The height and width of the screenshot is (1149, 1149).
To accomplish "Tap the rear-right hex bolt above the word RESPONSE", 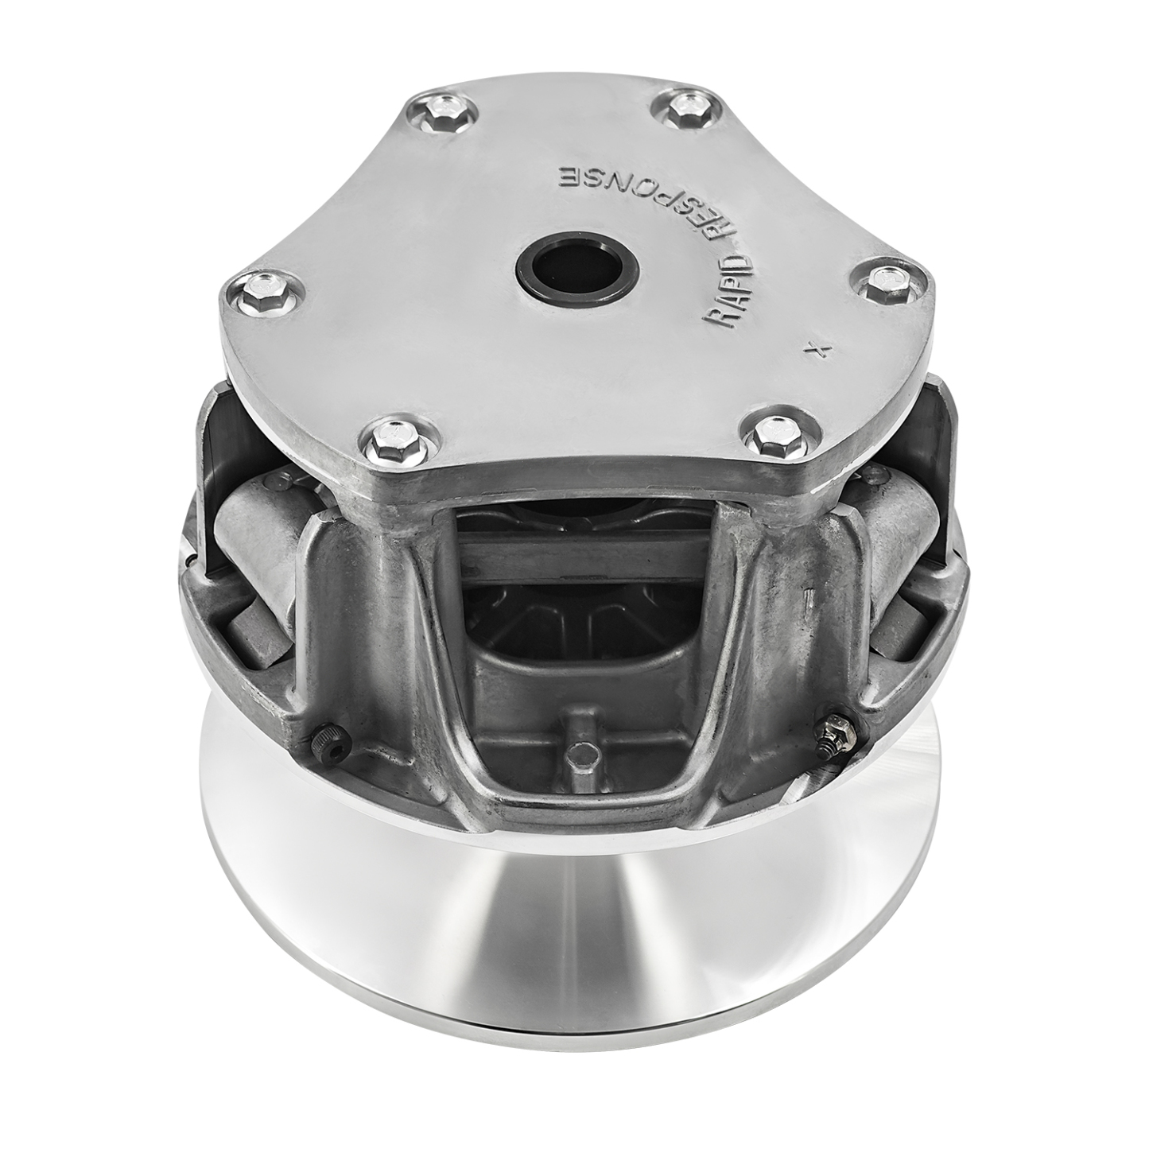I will point(683,112).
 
